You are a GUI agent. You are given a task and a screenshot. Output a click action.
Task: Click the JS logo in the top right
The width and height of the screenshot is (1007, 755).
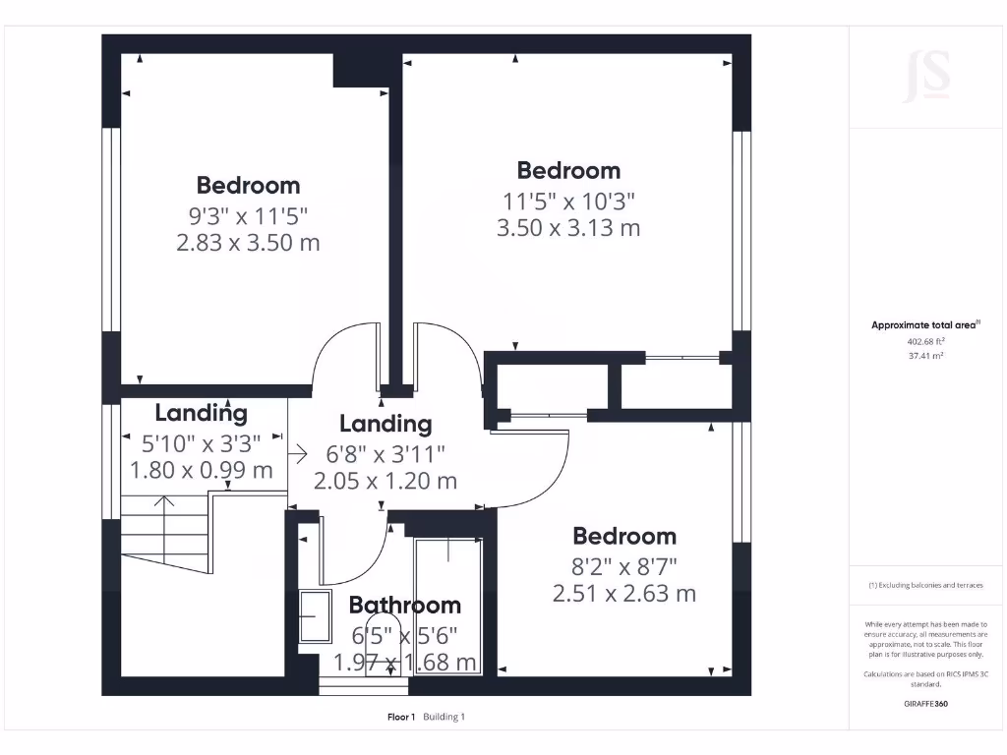[926, 77]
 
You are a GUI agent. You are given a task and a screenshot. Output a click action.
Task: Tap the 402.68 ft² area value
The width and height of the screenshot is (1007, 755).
[925, 342]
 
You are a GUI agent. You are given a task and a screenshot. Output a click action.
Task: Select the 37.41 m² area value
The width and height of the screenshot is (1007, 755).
[925, 357]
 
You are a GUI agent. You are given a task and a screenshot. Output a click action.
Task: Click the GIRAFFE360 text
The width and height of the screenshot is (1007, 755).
[925, 704]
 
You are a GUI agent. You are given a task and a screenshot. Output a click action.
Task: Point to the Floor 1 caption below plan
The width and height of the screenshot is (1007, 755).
[401, 717]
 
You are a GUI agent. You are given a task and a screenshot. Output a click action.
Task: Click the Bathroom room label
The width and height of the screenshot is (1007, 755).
[404, 606]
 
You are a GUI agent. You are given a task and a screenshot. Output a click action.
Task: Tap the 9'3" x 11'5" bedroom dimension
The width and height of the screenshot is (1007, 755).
[248, 215]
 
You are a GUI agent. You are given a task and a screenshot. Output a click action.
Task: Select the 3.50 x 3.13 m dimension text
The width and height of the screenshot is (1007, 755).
[568, 228]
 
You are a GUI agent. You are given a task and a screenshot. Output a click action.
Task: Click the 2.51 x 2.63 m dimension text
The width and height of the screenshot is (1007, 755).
[624, 594]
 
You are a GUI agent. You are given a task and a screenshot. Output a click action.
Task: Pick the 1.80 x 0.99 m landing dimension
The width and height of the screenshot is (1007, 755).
[202, 471]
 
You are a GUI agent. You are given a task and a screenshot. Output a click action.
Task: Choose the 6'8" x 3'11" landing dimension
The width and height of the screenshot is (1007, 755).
[385, 453]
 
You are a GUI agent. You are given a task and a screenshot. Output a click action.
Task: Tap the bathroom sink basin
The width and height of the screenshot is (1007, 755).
[315, 616]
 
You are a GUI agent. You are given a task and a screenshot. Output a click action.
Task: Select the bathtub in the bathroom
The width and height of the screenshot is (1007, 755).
[448, 605]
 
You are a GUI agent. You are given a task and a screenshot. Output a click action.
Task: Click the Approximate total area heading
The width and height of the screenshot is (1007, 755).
[925, 324]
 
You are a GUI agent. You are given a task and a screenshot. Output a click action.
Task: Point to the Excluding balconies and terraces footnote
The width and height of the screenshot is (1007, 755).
[925, 585]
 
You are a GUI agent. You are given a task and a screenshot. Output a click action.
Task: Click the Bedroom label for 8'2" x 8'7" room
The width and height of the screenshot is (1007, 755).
[624, 536]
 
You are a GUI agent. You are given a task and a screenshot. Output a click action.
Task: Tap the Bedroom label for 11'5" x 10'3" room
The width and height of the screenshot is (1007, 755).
[568, 170]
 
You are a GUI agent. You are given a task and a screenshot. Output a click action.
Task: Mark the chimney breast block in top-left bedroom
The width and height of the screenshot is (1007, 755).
[362, 70]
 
